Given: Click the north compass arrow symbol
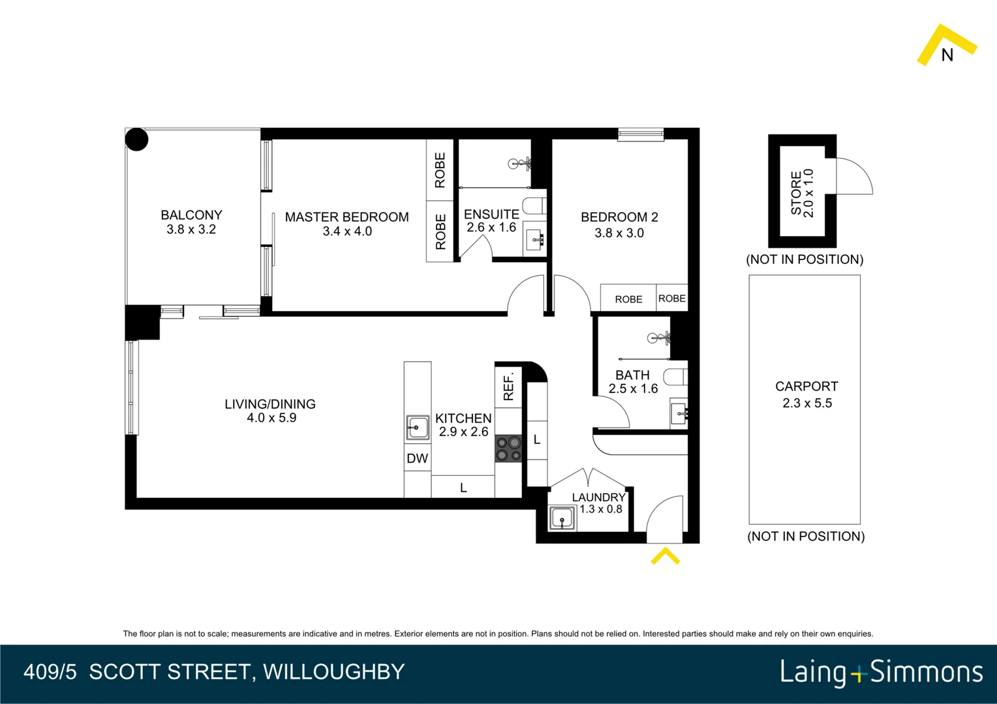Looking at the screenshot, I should [x=946, y=46].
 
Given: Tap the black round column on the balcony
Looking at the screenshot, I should [x=137, y=139].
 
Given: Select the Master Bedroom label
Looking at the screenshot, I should [x=346, y=217].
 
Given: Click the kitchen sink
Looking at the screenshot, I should [x=417, y=428].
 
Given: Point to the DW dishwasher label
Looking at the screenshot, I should [x=417, y=458].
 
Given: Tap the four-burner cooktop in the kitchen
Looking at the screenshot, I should [x=508, y=448].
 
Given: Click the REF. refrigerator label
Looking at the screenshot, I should [x=509, y=386].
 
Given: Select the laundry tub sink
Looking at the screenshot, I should [x=562, y=519].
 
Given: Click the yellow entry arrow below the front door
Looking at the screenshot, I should [x=665, y=556].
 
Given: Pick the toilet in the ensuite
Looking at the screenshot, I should [x=536, y=205].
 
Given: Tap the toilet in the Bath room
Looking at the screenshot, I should [x=675, y=377].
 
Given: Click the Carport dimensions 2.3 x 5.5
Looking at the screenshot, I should [x=807, y=403].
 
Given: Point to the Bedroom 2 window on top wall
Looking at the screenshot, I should [x=641, y=135].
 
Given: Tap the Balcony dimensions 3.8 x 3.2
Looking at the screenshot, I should [x=191, y=229].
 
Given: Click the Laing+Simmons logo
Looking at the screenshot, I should [x=881, y=672].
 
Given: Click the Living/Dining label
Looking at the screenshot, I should [x=270, y=404].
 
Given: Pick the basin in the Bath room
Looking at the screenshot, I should [x=679, y=413].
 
